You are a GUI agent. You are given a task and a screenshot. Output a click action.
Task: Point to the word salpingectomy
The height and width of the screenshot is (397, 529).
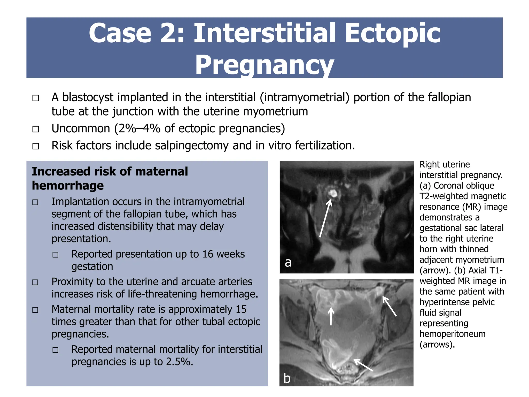pos(192,146)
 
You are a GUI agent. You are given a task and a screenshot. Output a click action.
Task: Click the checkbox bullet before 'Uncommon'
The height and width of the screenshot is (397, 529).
pos(36,129)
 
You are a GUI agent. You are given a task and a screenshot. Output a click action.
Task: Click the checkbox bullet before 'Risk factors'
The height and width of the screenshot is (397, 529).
pos(36,146)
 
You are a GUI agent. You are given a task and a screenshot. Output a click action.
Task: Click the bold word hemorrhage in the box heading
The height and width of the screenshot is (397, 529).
pos(68,186)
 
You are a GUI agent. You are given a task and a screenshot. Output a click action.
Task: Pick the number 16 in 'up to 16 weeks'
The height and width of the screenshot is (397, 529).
pos(208,254)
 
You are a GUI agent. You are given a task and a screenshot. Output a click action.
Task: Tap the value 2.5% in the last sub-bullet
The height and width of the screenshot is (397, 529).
pos(180,362)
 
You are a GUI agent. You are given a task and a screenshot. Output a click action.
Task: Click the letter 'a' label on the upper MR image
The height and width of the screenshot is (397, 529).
pos(288,262)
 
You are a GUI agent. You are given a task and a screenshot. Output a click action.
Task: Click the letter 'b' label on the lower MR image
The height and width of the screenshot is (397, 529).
pos(287,378)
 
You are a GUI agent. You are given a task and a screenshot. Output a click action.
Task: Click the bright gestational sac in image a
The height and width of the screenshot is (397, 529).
pos(332,193)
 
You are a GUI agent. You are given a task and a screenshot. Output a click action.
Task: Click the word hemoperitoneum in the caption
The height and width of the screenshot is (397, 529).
pos(452,334)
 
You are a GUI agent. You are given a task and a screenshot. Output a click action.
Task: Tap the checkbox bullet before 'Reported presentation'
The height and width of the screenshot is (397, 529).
pos(56,255)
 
